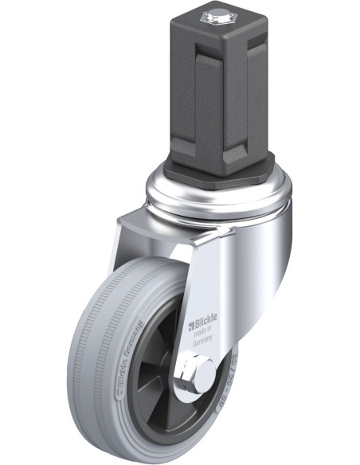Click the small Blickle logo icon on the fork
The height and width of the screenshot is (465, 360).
190,324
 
